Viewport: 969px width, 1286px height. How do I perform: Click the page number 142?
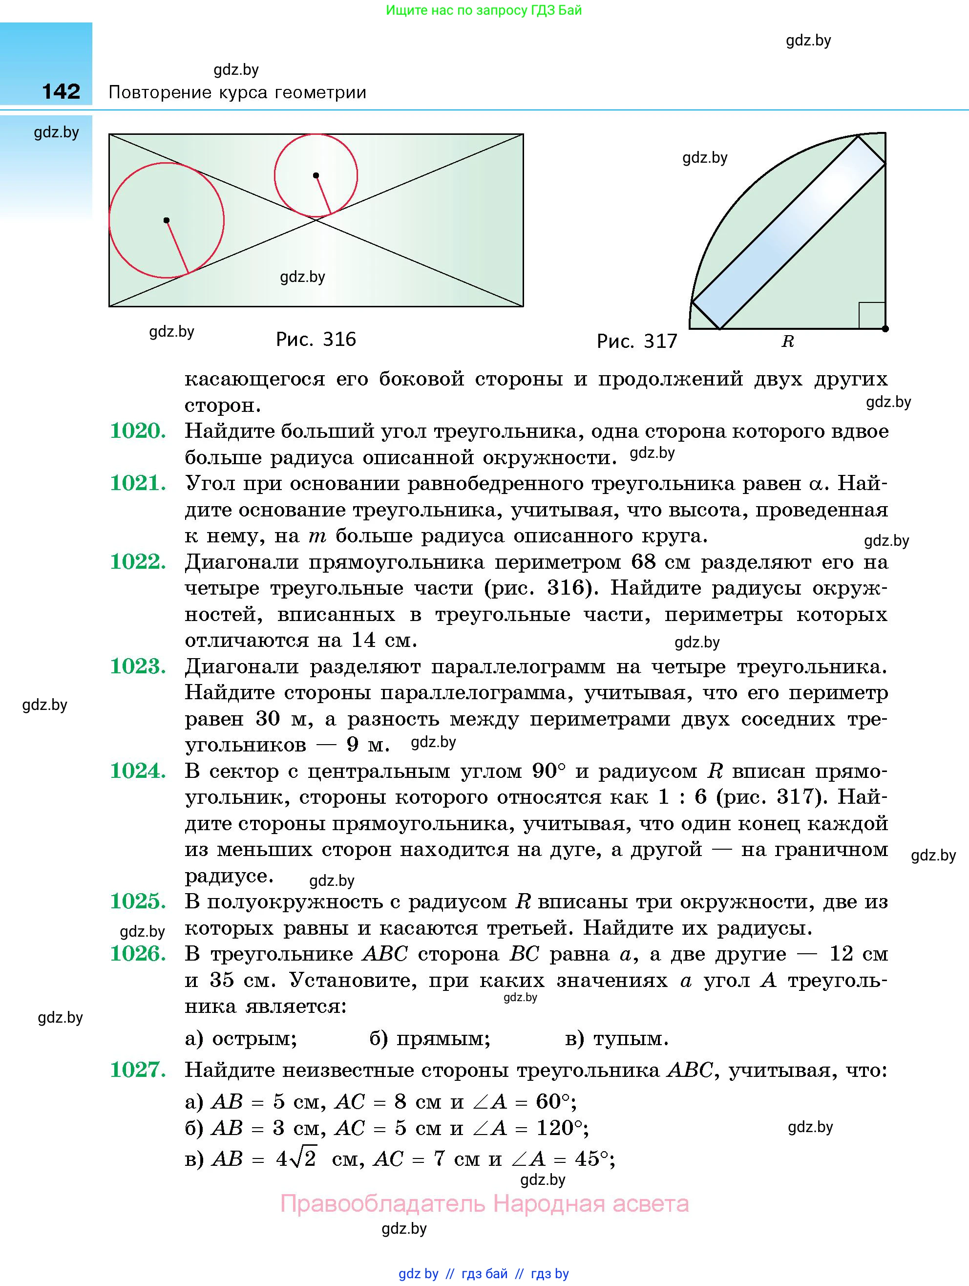pyautogui.click(x=61, y=91)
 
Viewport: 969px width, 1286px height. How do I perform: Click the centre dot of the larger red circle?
pyautogui.click(x=166, y=220)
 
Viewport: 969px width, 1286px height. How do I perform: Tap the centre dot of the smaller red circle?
pyautogui.click(x=316, y=175)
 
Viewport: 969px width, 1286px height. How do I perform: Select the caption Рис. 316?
pyautogui.click(x=316, y=339)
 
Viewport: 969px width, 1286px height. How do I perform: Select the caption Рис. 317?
pyautogui.click(x=637, y=341)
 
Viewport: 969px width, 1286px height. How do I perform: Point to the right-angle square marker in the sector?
pyautogui.click(x=871, y=315)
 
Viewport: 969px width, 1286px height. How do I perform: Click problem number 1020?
pyautogui.click(x=138, y=431)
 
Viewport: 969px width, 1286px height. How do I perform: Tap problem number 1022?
pyautogui.click(x=138, y=561)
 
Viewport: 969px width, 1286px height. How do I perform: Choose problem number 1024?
pyautogui.click(x=138, y=771)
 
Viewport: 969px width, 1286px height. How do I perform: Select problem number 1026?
pyautogui.click(x=138, y=953)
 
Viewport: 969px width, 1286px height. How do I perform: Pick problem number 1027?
pyautogui.click(x=138, y=1070)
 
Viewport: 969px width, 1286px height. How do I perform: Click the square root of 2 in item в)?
pyautogui.click(x=303, y=1158)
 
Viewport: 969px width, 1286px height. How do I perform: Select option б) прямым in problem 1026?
pyautogui.click(x=430, y=1038)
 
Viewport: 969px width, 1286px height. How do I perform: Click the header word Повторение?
pyautogui.click(x=159, y=92)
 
